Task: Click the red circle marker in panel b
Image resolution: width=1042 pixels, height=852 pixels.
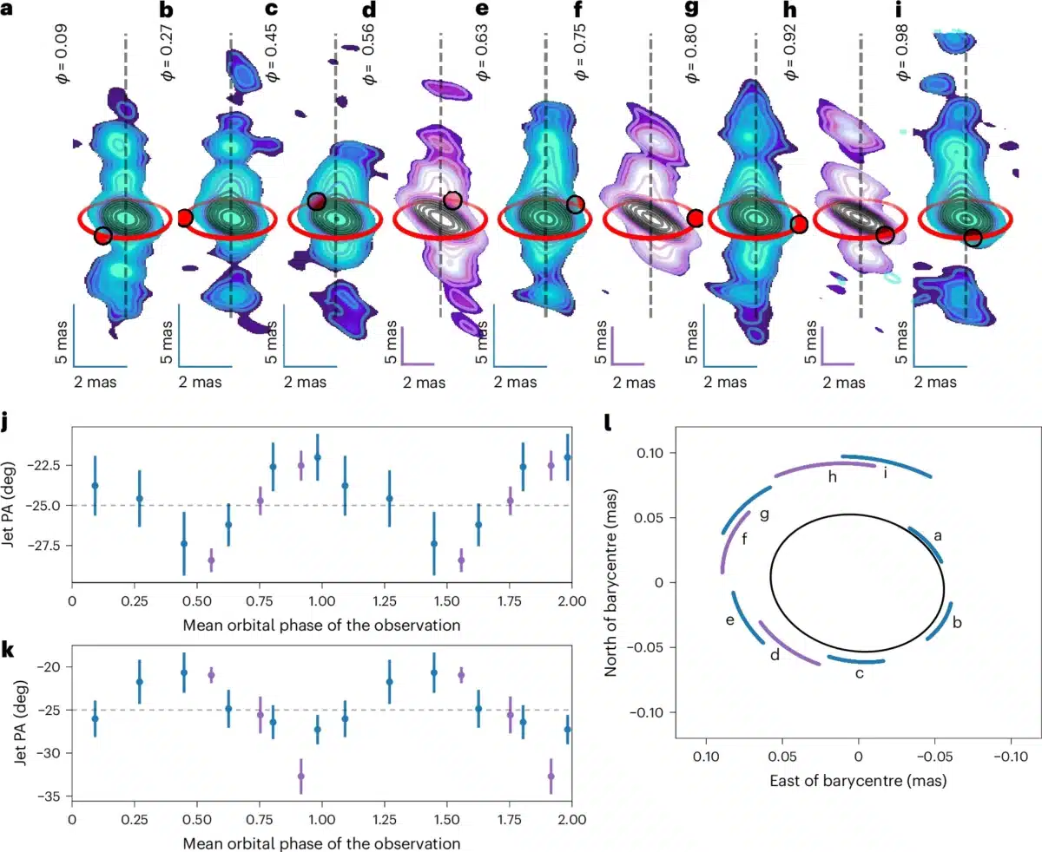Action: pos(184,219)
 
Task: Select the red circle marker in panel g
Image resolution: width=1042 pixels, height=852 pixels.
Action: pos(799,225)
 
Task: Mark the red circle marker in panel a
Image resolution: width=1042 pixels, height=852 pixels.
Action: pos(102,235)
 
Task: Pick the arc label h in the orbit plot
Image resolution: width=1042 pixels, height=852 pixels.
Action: pos(833,477)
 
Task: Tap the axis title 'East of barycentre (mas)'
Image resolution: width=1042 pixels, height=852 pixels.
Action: pos(858,781)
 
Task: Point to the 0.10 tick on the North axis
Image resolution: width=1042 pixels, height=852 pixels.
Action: pos(653,453)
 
